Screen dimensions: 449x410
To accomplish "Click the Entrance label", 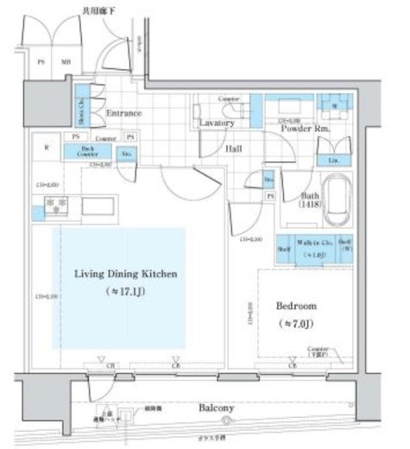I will (x=123, y=113).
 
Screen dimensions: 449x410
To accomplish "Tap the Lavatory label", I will (x=216, y=123).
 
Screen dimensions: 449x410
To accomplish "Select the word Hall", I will (x=233, y=149).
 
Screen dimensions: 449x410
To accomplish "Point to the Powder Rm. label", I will (x=306, y=128).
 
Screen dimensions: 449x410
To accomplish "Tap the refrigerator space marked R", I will (x=46, y=147).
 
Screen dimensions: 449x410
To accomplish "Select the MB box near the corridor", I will (x=65, y=61).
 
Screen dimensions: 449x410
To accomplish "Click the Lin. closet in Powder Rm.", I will (x=333, y=160).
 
